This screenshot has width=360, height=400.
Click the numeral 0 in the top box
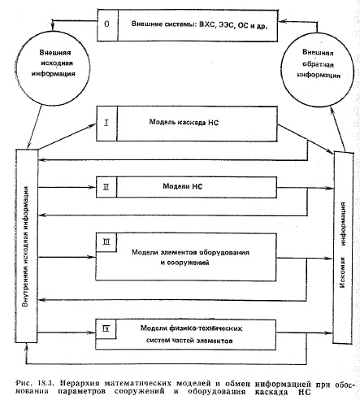click(x=106, y=24)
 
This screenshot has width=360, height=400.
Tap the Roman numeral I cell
click(x=106, y=124)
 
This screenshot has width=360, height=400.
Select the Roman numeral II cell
click(x=106, y=187)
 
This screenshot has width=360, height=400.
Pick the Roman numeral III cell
click(x=106, y=242)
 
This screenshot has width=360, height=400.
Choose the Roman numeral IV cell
click(x=106, y=329)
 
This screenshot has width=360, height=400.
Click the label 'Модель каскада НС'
click(x=184, y=123)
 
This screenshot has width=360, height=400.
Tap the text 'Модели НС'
click(x=183, y=186)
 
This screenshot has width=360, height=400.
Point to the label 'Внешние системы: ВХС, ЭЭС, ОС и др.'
click(x=199, y=24)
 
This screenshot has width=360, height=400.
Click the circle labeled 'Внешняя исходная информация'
click(x=54, y=67)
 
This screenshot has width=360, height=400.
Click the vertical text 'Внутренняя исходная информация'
click(x=26, y=246)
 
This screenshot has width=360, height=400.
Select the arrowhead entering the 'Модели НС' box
click(x=93, y=187)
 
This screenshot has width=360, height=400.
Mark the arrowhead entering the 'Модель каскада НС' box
click(x=93, y=125)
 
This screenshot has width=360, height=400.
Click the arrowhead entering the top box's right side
click(x=282, y=21)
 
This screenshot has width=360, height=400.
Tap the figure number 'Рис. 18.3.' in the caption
click(x=35, y=384)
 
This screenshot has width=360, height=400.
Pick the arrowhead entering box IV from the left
click(x=93, y=333)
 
